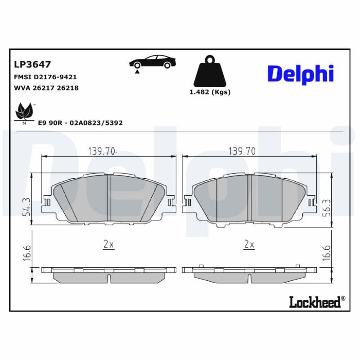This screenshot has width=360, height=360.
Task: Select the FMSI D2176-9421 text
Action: (46, 77)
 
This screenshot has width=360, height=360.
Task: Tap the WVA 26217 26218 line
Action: (46, 88)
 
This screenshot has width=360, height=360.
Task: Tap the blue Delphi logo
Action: (300, 73)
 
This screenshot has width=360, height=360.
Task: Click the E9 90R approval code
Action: (81, 122)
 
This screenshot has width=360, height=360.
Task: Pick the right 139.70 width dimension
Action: (242, 151)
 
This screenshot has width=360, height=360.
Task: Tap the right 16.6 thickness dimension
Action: (327, 253)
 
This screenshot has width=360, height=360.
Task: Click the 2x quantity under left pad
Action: (108, 244)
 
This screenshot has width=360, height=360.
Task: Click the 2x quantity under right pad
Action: (249, 244)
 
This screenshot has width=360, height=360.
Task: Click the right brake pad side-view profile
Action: (249, 274)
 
